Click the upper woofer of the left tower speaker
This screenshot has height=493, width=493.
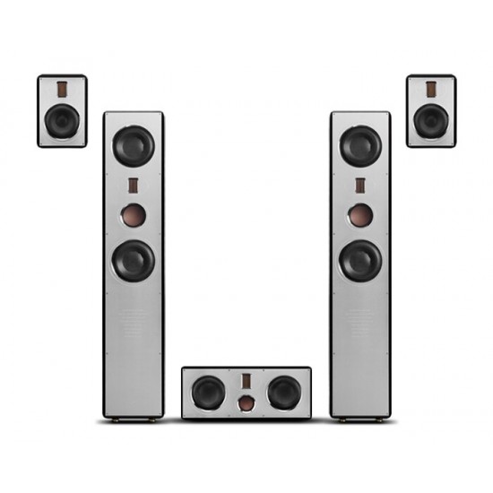[134, 146]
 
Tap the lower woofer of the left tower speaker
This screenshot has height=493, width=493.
[134, 260]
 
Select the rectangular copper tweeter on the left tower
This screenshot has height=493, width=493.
[133, 187]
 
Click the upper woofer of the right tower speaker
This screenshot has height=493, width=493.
[359, 146]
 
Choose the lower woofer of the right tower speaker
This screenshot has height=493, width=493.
[359, 260]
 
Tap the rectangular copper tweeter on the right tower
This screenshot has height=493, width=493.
[359, 187]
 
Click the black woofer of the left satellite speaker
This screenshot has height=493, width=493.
[61, 120]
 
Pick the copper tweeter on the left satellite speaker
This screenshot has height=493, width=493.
[61, 90]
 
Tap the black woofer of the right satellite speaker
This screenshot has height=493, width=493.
[430, 120]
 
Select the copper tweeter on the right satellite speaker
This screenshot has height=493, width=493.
[430, 90]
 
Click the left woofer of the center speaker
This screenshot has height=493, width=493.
[209, 392]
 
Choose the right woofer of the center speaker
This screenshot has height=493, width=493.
[283, 392]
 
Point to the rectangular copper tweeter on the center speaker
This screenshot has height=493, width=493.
[246, 381]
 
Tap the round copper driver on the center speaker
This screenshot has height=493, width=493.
[246, 404]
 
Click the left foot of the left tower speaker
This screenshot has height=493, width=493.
[110, 419]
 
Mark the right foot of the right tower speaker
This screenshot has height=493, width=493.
[383, 419]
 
